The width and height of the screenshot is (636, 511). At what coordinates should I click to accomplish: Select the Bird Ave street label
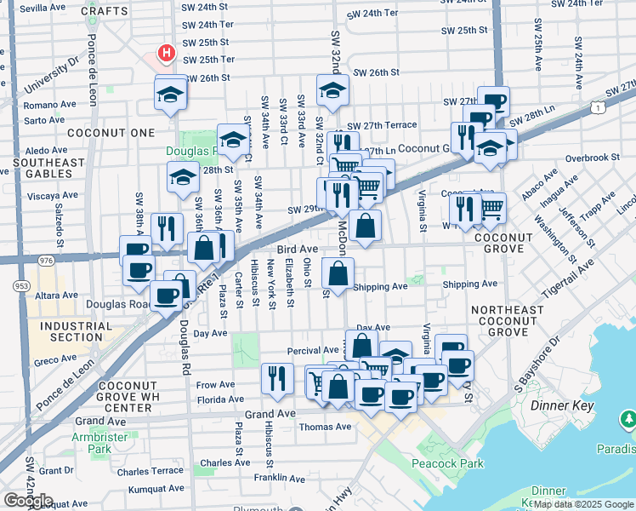point(297,249)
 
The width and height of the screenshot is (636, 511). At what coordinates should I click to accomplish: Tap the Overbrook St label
point(593,158)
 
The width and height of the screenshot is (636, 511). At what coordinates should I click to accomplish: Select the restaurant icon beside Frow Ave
point(277,378)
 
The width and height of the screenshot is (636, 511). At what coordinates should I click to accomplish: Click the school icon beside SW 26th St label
point(333,90)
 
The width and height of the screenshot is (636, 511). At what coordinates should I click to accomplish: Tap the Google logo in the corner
point(28,501)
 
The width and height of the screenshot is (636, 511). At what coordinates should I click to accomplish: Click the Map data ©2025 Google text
point(583,504)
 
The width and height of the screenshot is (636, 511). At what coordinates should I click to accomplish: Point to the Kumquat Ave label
point(155,490)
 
